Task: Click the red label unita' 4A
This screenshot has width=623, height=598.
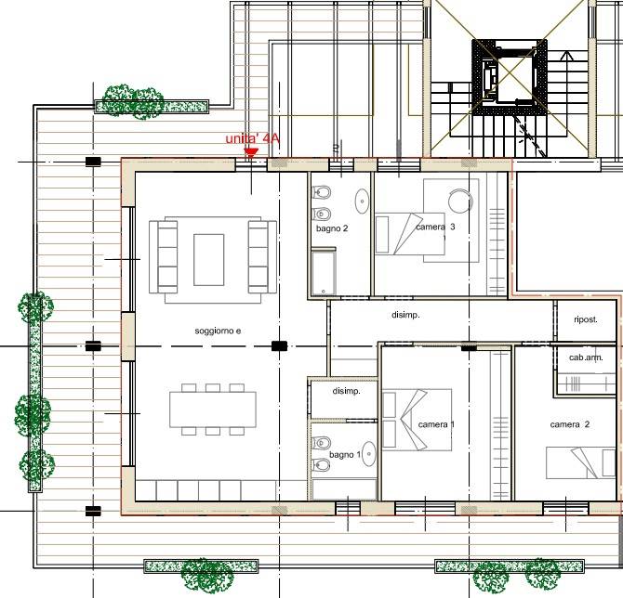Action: pos(253,139)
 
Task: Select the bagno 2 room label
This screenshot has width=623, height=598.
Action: pos(332,228)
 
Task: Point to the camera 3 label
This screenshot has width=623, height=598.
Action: pos(435,227)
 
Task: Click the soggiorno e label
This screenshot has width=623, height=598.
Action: pos(218,331)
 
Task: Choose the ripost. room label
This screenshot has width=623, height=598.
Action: pos(586,319)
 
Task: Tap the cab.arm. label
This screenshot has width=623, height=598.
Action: pos(586,357)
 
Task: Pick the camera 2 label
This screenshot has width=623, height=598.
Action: pos(570,424)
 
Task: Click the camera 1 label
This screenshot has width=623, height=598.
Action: pos(436,424)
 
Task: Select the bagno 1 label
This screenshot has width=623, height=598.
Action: pos(345,455)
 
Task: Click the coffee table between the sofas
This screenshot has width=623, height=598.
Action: pos(209,260)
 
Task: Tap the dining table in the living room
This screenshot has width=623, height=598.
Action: pos(213,409)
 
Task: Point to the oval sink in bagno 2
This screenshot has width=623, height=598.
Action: pos(362,201)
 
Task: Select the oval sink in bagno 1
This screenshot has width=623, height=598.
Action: pos(369,453)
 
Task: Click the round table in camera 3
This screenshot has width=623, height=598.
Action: pos(460,201)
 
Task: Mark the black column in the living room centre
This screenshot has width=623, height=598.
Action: pos(279,346)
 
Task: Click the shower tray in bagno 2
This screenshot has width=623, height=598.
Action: pos(324,272)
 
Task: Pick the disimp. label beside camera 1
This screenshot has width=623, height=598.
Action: pos(347,391)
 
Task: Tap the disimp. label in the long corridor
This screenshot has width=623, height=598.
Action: pos(405,315)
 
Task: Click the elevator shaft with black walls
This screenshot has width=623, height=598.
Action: pos(510,77)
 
